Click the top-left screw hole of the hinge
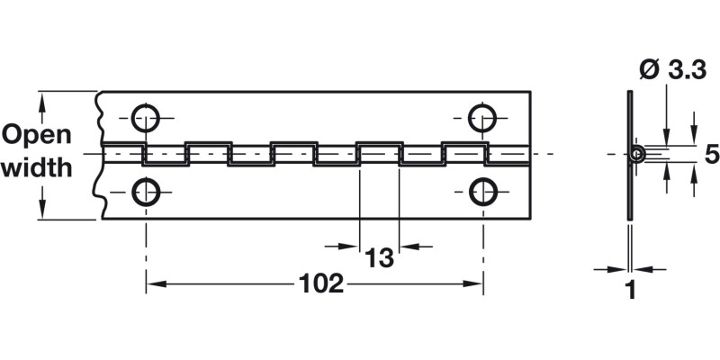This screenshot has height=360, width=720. click(146, 117)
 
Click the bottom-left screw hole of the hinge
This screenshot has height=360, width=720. click(146, 191)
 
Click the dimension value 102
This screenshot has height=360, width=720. click(321, 284)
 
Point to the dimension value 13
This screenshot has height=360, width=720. click(380, 259)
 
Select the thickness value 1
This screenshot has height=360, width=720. click(630, 291)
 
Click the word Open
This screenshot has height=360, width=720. click(37, 135)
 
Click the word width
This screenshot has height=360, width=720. click(37, 168)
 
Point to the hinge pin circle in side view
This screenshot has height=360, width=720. click(637, 154)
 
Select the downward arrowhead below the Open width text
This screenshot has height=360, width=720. click(42, 213)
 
